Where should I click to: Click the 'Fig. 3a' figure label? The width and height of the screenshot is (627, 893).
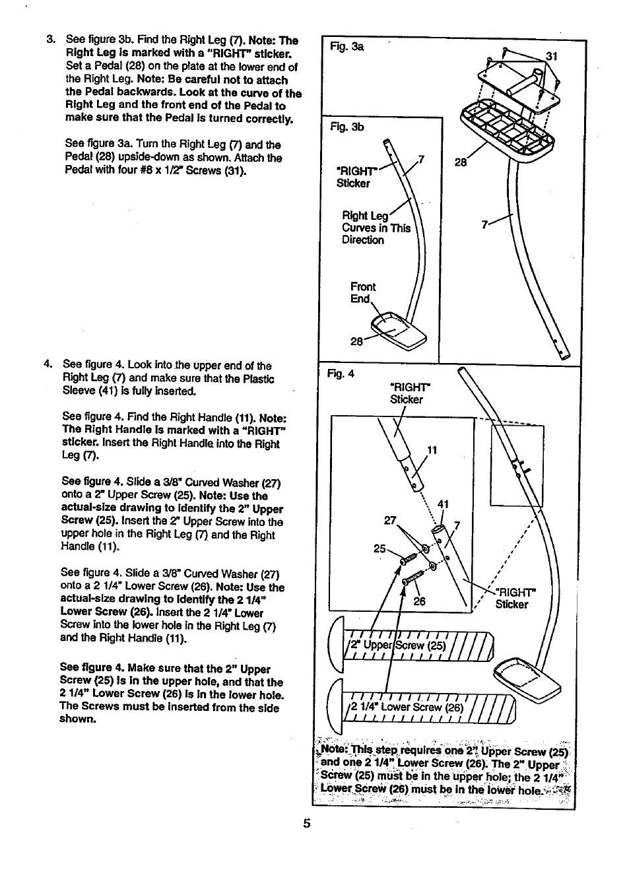click(341, 48)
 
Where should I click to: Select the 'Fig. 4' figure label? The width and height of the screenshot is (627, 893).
click(341, 374)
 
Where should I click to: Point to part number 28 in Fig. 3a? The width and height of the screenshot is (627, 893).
click(461, 162)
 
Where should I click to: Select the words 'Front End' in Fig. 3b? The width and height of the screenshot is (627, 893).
click(362, 292)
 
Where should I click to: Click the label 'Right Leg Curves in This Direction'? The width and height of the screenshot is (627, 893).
click(376, 228)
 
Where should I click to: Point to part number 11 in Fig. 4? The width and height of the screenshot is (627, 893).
click(432, 451)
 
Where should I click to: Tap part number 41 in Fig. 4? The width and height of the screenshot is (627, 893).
click(443, 504)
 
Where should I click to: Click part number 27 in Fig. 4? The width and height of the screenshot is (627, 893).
click(389, 520)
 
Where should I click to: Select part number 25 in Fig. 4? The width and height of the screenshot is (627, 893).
click(379, 548)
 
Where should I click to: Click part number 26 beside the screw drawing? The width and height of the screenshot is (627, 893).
click(420, 601)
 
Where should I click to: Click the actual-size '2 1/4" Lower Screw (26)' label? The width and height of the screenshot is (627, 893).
click(407, 708)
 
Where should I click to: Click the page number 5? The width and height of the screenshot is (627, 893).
click(306, 824)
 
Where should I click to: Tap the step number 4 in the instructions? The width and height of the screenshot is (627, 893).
click(48, 365)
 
